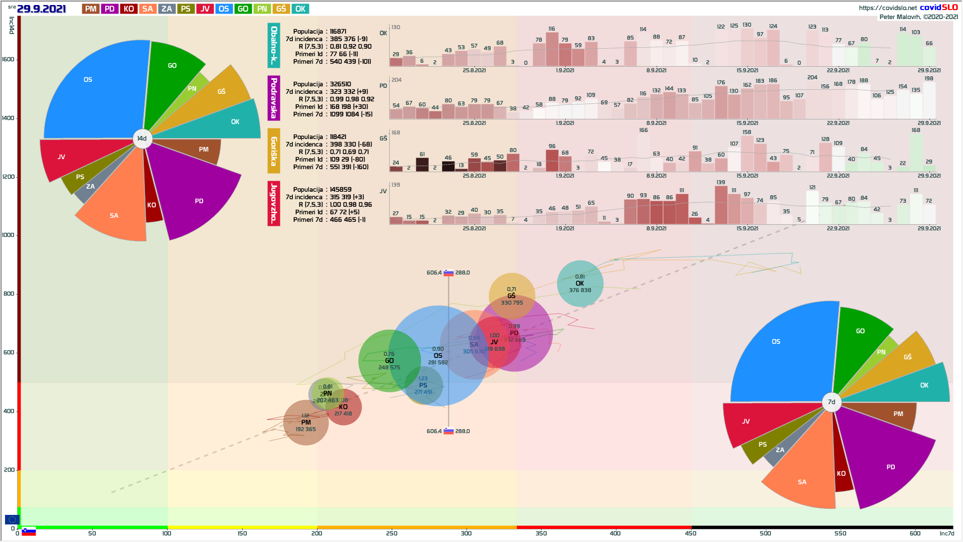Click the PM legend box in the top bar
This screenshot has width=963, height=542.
pos(90,9)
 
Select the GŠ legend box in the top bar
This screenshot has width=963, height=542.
pos(281,9)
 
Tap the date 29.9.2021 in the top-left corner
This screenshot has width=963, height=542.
pos(42,9)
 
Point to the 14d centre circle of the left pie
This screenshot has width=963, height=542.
pos(142,139)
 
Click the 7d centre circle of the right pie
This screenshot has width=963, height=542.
pos(831,401)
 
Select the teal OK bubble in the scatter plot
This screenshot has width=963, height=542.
pos(580,284)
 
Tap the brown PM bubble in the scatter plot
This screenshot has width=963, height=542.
pos(305,423)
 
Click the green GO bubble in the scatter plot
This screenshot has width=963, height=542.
pos(389,360)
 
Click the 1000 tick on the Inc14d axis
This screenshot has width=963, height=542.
pos(9,235)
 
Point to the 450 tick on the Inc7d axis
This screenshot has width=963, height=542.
pos(691,533)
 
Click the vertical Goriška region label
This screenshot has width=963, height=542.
pos(274,151)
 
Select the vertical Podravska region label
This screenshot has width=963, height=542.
pos(274,98)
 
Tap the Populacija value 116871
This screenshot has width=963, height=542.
pos(338,31)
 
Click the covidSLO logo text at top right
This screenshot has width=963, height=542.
pos(938,7)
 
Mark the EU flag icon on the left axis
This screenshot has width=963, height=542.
pos(12,519)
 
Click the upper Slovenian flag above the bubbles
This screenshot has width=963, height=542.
pos(448,273)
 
